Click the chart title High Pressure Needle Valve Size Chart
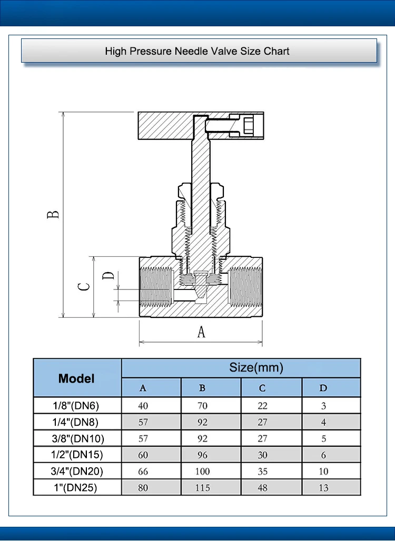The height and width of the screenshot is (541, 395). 197,51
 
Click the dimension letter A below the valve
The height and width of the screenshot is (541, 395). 201,332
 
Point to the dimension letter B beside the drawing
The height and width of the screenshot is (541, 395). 53,214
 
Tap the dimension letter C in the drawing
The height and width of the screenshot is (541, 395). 84,286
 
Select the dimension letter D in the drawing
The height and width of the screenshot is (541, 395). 108,275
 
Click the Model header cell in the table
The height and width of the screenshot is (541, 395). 76,378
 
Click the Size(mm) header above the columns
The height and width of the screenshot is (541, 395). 256,367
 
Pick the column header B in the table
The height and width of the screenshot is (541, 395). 202,388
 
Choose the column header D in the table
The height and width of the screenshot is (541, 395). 323,388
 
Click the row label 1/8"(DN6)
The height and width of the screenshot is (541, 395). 76,406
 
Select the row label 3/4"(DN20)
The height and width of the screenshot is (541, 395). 77,472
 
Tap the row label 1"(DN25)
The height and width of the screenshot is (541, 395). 76,488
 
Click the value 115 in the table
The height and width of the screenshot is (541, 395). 202,488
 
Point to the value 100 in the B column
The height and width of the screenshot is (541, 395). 202,472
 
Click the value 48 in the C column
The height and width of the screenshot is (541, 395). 262,488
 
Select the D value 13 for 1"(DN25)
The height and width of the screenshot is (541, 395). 323,488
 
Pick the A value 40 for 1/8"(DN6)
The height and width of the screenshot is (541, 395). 143,406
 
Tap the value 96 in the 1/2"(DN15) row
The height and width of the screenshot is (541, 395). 202,455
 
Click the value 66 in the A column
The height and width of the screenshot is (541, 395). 143,472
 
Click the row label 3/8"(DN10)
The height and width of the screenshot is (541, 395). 78,438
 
